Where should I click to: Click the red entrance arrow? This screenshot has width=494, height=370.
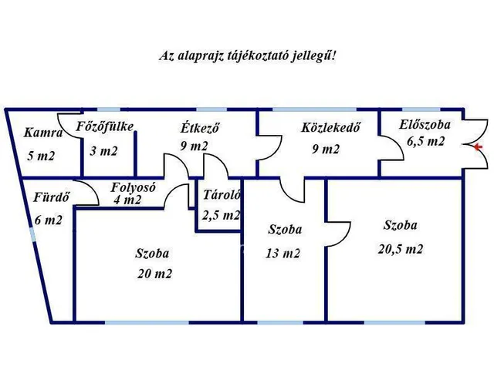coord(479,146)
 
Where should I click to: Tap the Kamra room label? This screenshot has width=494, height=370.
coord(43,133)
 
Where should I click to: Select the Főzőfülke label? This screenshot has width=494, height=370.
coord(105,126)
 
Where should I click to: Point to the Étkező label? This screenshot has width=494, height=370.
coord(200,128)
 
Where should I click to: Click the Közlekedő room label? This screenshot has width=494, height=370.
coord(330,127)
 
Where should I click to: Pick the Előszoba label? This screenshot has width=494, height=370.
coord(425,125)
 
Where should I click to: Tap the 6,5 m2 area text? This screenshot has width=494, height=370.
coord(425,141)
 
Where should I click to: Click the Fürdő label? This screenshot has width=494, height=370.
coord(51,197)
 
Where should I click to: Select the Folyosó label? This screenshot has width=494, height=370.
coord(133,187)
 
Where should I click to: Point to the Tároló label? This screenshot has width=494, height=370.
coord(222,195)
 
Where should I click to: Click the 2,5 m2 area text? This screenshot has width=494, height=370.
coord(222,215)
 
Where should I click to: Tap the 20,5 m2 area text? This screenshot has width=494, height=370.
coord(401,249)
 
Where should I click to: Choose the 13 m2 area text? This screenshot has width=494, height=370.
coord(283,254)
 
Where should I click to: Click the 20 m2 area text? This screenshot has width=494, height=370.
coord(154,274)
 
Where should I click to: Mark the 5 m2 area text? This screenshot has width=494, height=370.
coord(41,156)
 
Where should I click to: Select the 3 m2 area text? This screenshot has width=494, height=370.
coord(103,151)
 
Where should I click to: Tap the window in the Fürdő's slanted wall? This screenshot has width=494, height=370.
coord(32,235)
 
